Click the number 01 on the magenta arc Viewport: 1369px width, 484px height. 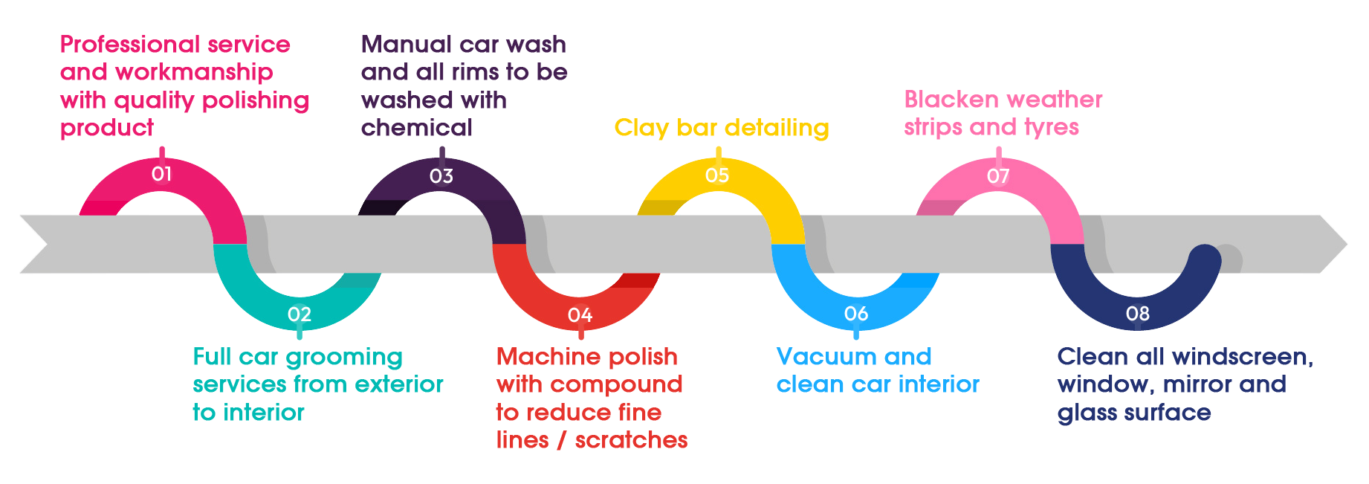[161, 174]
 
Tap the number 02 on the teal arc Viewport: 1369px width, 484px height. [300, 314]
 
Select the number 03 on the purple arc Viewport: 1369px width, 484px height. [441, 176]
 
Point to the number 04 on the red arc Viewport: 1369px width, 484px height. [580, 315]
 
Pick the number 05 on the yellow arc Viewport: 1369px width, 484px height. [717, 175]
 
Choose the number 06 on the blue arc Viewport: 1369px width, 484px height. [856, 314]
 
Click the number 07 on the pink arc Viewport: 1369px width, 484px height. [998, 176]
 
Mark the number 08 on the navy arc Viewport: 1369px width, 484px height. [1137, 314]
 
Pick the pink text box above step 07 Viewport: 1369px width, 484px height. [998, 114]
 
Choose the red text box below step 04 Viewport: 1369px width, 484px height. [591, 397]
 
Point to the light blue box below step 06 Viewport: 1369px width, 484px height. [877, 370]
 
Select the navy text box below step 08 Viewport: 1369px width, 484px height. [1183, 384]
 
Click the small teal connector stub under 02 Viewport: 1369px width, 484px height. [300, 335]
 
